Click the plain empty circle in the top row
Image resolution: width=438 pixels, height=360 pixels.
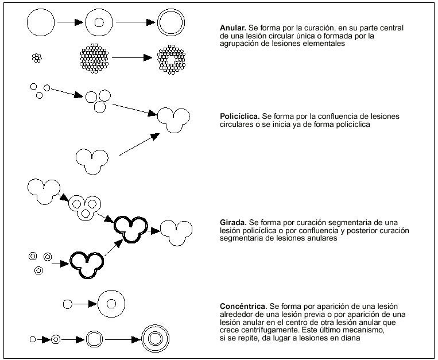point(41,24)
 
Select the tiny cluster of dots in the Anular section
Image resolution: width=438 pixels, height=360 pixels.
point(37,57)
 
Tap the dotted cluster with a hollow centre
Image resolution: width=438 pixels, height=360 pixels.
point(172,58)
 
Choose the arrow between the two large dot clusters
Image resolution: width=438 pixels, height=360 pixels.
point(132,58)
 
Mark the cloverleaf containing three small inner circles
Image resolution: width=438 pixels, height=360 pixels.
point(84,206)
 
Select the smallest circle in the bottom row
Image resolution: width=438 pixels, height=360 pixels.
point(33,339)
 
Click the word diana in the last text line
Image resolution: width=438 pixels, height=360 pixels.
point(350,339)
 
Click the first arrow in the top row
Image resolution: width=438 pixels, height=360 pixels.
point(70,24)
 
